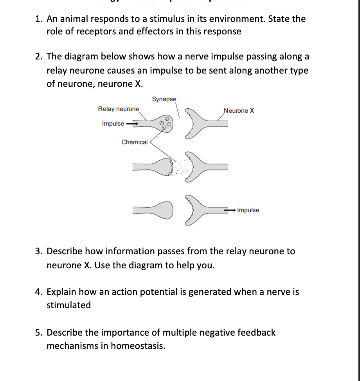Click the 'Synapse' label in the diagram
[x=164, y=99]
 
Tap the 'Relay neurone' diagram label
[x=119, y=109]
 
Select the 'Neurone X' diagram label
[x=239, y=111]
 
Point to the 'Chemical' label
[x=135, y=142]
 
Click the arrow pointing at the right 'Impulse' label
[x=230, y=210]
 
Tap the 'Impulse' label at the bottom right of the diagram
[x=248, y=210]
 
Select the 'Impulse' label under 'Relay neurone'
[x=113, y=124]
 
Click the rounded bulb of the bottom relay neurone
[x=165, y=210]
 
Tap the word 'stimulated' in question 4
[x=68, y=305]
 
